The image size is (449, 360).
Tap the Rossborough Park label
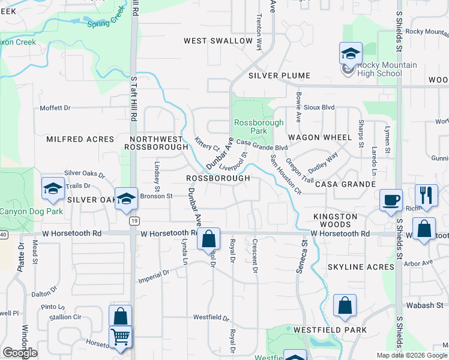click(x=250, y=126)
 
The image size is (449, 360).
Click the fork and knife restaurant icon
click(x=426, y=195)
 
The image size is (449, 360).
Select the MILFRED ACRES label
click(x=80, y=139)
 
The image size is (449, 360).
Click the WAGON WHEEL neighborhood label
click(x=319, y=137)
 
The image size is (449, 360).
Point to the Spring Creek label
click(x=104, y=23)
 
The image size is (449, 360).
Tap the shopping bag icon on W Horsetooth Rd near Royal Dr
click(x=208, y=238)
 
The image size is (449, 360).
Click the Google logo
click(x=20, y=353)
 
